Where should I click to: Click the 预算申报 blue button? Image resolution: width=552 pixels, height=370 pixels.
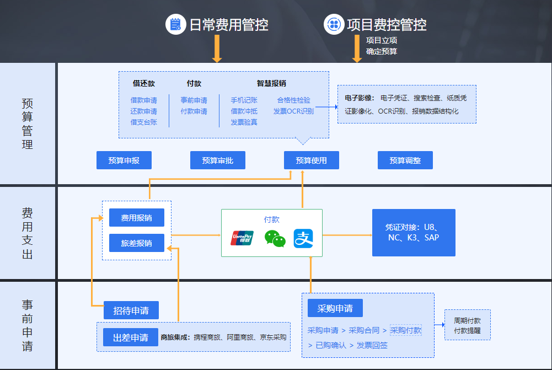point(124,160)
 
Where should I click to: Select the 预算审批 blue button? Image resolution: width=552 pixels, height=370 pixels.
point(217,160)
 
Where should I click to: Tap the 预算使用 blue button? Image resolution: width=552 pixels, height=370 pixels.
point(311,160)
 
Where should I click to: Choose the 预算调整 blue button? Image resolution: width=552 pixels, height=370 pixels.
point(405,160)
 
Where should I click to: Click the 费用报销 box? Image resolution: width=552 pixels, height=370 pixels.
point(137,217)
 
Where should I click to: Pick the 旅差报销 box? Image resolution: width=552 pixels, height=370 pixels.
point(137,243)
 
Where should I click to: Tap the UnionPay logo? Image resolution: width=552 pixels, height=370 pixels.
point(242,238)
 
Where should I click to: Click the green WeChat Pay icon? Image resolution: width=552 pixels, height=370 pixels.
point(275,238)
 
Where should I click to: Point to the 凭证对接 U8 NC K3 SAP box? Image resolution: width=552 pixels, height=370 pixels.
point(414,232)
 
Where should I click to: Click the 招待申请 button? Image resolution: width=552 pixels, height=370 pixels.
point(131,310)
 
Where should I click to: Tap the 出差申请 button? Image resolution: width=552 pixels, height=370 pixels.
point(131,337)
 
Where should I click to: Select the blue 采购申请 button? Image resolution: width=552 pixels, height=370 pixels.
point(335,308)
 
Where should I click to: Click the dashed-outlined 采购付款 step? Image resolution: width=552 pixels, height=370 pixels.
point(405,330)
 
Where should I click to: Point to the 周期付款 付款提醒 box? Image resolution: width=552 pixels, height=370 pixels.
point(467,325)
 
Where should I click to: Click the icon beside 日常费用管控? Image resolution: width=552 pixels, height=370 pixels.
point(175,24)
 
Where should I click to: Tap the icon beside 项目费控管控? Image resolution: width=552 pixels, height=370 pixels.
point(333,24)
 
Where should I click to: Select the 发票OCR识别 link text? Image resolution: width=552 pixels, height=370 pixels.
point(293,111)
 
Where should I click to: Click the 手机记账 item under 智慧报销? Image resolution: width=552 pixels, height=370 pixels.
point(244,100)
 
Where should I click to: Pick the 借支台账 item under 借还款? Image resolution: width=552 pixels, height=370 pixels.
point(143,122)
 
